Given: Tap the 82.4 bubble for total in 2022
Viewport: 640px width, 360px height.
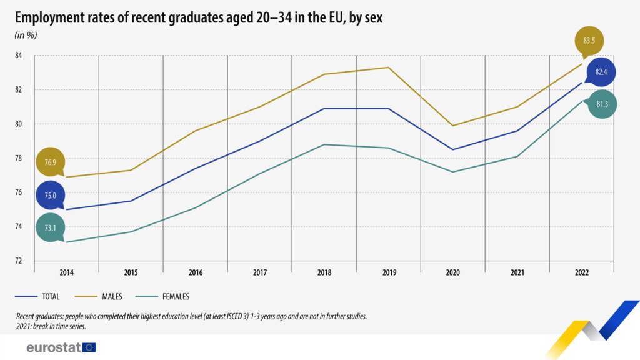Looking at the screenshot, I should [x=601, y=72].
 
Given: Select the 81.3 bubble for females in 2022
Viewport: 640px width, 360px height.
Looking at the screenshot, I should [x=602, y=104].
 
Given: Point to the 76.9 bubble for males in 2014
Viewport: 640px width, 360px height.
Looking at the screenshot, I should [x=51, y=162].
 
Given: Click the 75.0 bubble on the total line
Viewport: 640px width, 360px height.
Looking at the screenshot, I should [x=51, y=196].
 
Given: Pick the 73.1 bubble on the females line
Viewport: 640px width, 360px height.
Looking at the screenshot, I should [x=51, y=228].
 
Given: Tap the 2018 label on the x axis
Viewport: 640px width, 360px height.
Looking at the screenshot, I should [x=324, y=272].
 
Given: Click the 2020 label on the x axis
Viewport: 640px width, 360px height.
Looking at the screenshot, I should [x=452, y=272].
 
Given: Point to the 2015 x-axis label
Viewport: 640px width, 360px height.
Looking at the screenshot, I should [x=131, y=272].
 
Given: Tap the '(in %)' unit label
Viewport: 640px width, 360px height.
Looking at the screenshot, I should [x=26, y=35].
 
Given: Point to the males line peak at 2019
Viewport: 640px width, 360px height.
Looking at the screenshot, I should [x=389, y=67].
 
